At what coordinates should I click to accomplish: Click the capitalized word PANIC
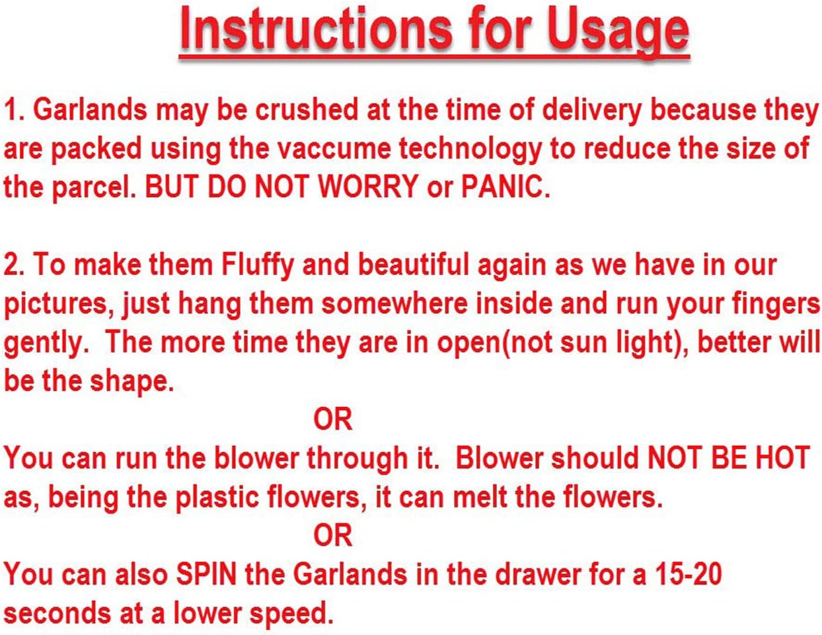[x=505, y=187]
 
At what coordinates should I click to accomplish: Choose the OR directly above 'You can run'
[x=333, y=419]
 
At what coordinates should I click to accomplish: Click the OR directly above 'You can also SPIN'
[x=333, y=535]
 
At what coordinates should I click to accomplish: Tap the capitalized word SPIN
[x=205, y=574]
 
